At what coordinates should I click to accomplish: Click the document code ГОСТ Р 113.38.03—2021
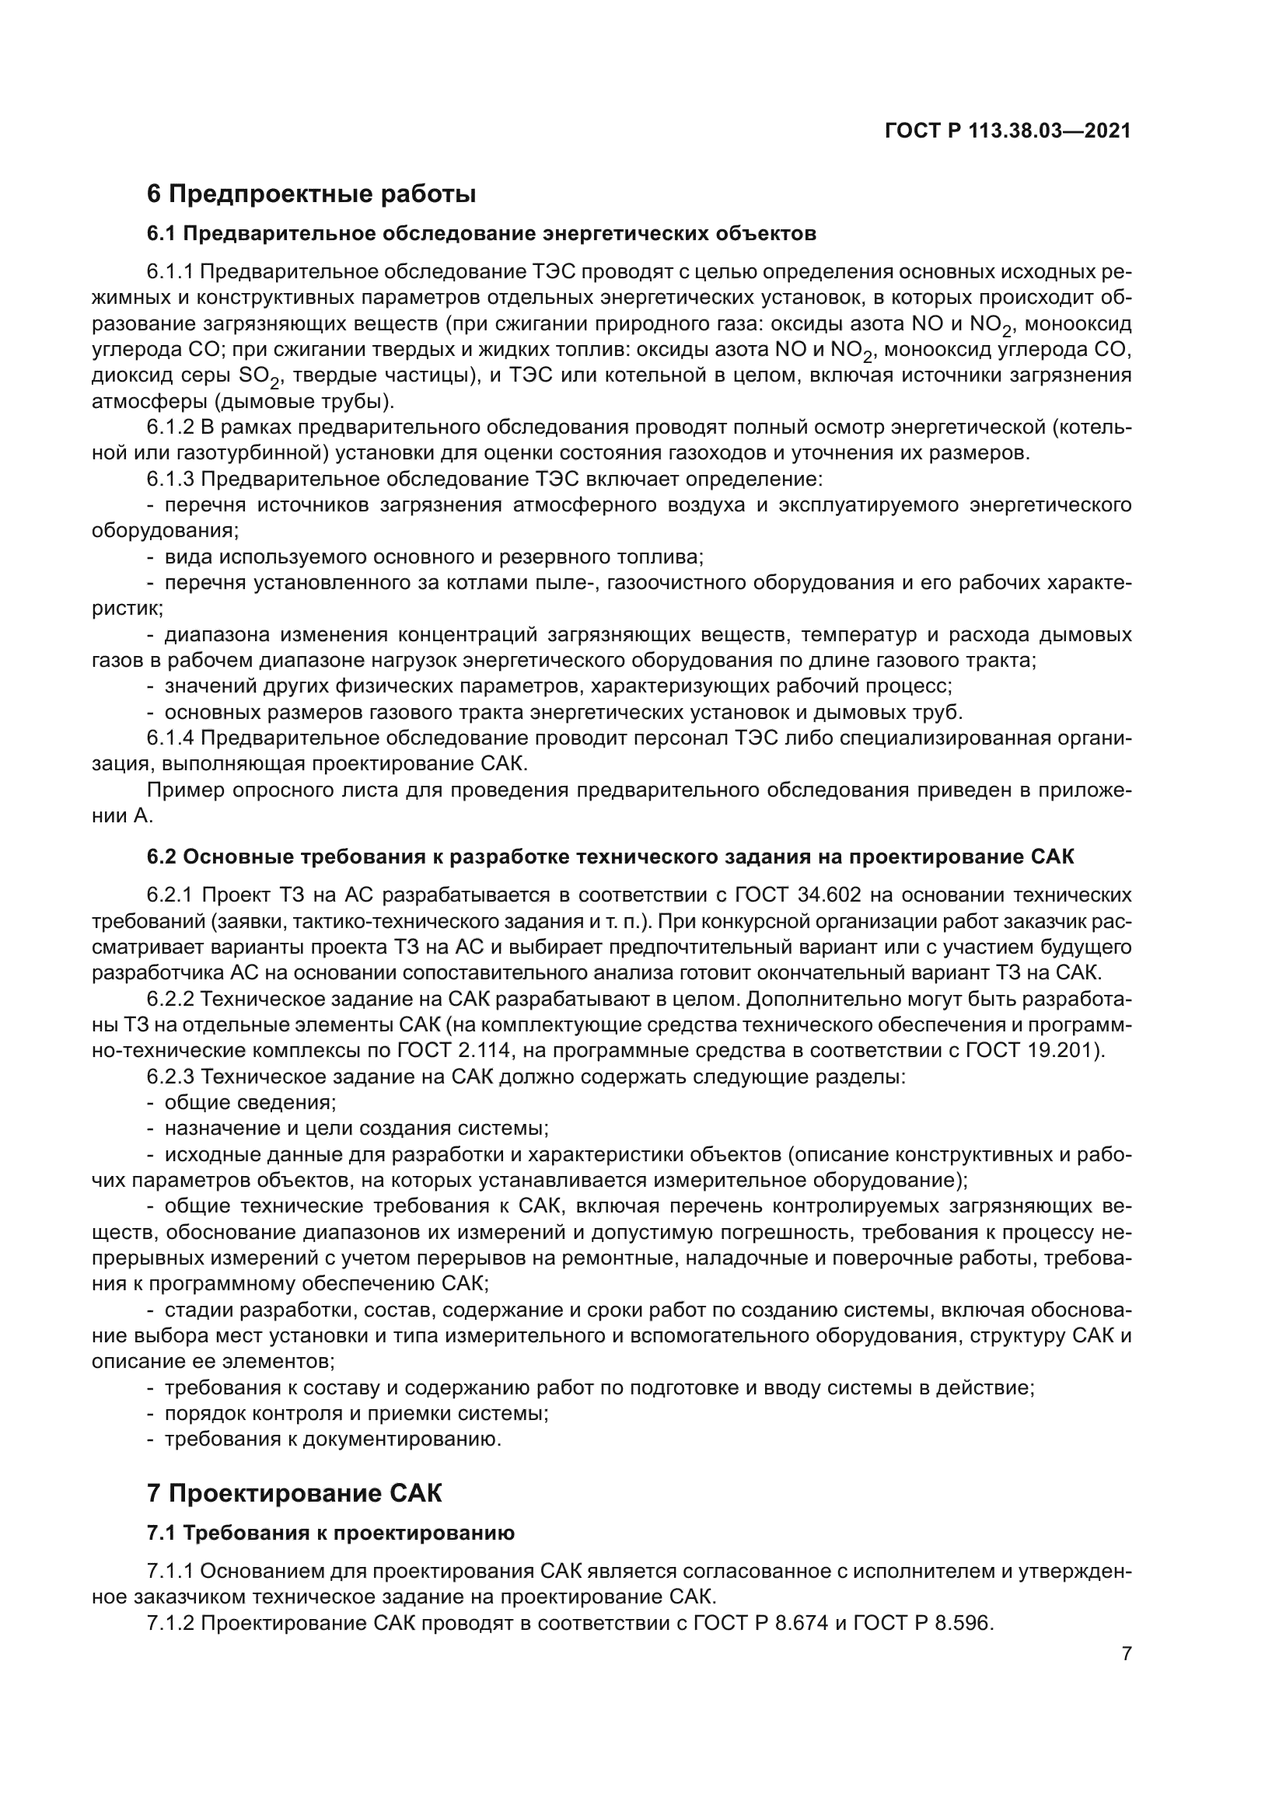pyautogui.click(x=1007, y=131)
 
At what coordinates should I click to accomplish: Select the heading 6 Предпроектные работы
pyautogui.click(x=311, y=194)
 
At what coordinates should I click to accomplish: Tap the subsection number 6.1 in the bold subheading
pyautogui.click(x=162, y=234)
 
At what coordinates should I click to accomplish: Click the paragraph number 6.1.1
pyautogui.click(x=170, y=272)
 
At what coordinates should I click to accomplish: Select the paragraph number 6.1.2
pyautogui.click(x=170, y=427)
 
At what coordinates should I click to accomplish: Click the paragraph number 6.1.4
pyautogui.click(x=170, y=738)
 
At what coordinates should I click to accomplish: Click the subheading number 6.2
pyautogui.click(x=162, y=857)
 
